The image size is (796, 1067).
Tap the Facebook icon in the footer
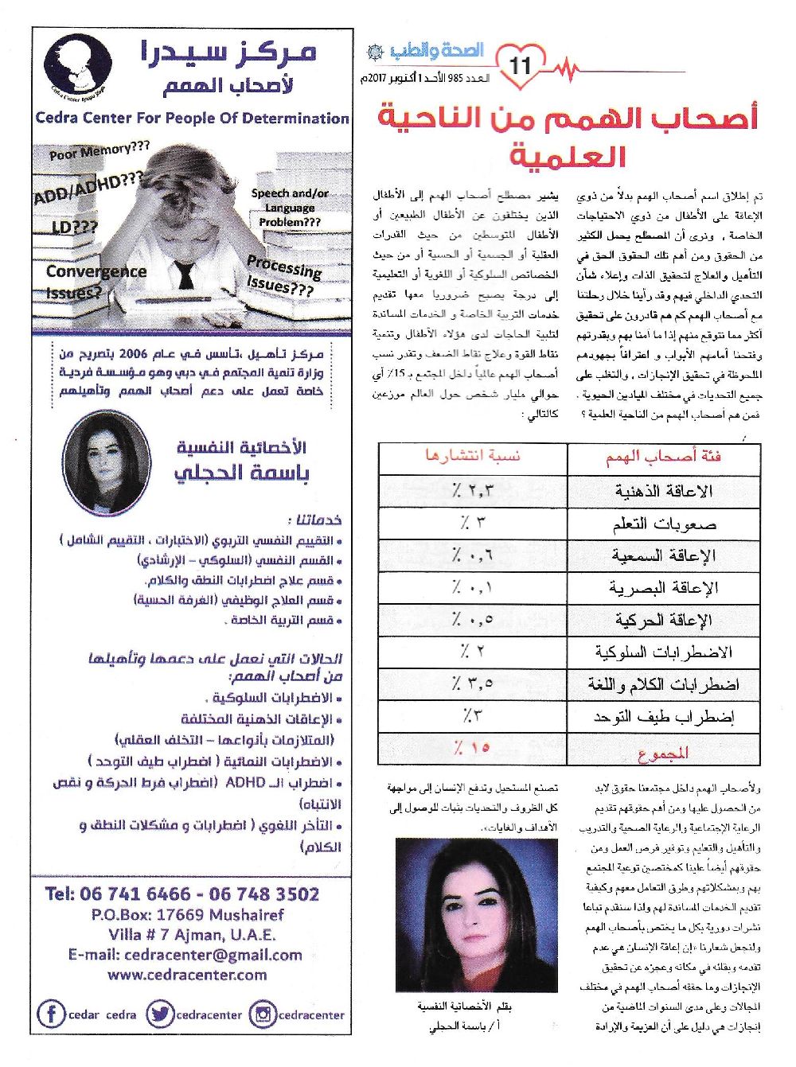point(51,1014)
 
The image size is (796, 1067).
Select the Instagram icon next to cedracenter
point(262,1014)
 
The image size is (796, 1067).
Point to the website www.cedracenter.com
point(187,975)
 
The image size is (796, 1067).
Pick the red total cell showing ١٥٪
point(473,749)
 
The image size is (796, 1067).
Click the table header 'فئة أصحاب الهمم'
point(663,458)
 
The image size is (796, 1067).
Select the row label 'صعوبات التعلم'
point(665,524)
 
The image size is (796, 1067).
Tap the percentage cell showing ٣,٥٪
point(473,683)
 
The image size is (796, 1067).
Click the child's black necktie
point(185,275)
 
